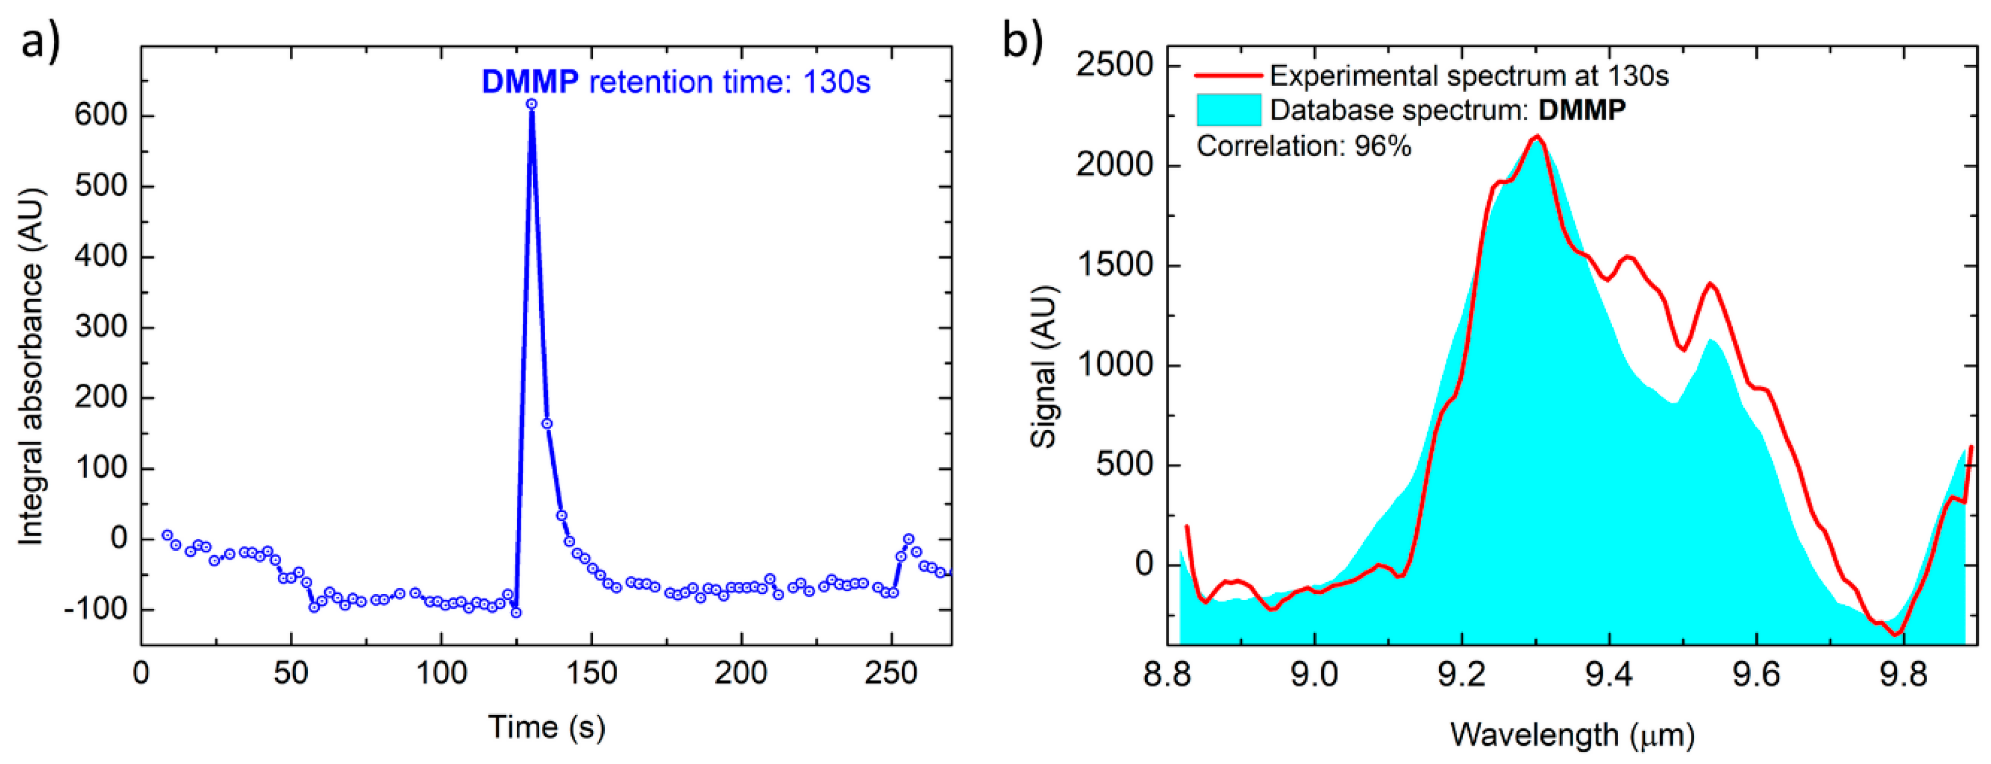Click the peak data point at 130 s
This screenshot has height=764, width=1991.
532,103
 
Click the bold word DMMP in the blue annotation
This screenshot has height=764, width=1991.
530,82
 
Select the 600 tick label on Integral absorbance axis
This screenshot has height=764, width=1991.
101,115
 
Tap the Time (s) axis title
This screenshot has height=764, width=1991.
546,727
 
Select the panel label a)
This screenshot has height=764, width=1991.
39,41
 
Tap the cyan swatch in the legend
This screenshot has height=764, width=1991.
1228,110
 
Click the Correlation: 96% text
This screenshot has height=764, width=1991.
1304,146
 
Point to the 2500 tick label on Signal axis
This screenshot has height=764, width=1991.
1114,66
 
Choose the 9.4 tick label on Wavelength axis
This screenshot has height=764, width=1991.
1609,675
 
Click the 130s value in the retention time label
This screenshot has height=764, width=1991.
837,82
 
